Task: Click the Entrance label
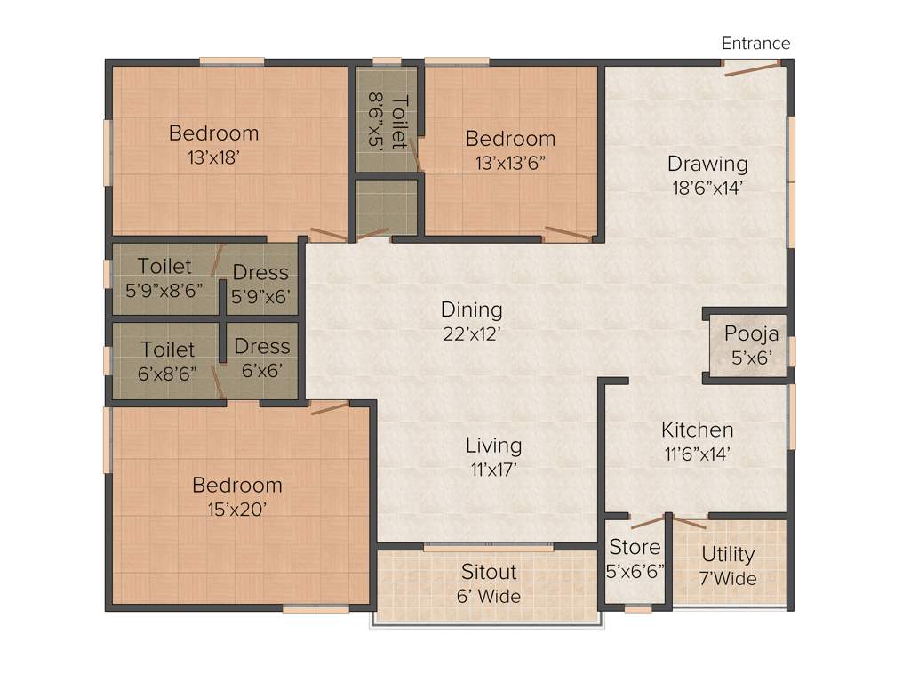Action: coord(755,43)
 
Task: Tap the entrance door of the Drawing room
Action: coord(752,68)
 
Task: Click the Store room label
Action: coord(635,547)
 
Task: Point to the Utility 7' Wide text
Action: coord(728,566)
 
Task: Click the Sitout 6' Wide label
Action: coord(489,583)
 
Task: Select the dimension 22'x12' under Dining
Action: coord(472,333)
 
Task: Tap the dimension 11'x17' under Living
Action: coord(494,469)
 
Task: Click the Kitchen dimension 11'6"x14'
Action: coord(697,454)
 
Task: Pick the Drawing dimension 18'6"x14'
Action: coord(707,188)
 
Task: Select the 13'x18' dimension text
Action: coord(214,157)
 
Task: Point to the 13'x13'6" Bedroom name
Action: coord(510,139)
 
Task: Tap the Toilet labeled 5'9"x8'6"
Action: coord(165,277)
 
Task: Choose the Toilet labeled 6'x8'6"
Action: coord(166,360)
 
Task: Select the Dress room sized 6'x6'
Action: coord(261,358)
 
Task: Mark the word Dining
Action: coord(472,309)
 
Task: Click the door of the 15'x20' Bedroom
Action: coord(330,408)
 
